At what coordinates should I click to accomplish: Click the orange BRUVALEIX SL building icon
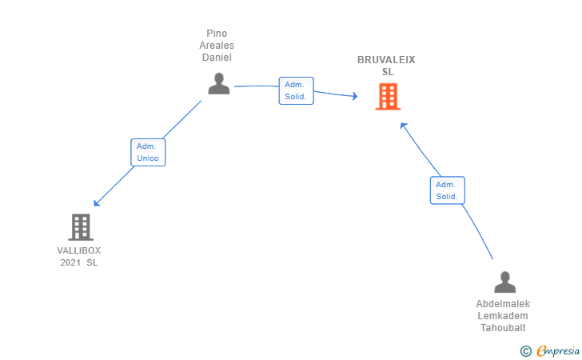388,97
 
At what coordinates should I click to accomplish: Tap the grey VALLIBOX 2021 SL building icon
81,227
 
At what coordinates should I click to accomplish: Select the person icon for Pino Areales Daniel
219,83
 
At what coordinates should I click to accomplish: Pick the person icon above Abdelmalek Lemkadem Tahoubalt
504,282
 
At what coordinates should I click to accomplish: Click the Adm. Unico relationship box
148,152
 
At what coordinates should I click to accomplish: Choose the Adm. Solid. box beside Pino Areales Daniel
296,90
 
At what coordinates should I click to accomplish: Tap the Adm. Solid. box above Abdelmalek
447,190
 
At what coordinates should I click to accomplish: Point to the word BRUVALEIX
386,60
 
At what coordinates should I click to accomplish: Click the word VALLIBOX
78,250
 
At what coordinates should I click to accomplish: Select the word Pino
217,34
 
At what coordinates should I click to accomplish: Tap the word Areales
217,46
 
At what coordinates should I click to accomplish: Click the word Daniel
217,58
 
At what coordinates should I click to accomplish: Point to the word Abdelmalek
503,304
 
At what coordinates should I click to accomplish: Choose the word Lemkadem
503,316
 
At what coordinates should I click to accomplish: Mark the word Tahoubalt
503,328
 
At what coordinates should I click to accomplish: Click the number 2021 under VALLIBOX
70,262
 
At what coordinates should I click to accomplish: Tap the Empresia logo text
558,350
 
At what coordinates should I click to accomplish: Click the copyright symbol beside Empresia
526,351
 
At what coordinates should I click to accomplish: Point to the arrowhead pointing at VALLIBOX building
97,203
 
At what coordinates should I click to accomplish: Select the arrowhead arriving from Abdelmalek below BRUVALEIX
403,126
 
